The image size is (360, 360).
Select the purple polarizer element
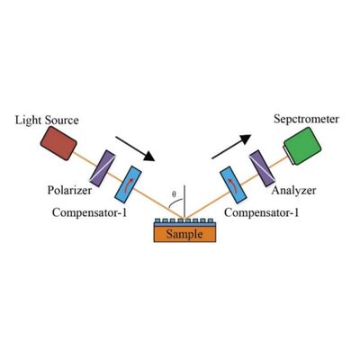click(x=102, y=166)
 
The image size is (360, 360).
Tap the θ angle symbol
click(x=175, y=193)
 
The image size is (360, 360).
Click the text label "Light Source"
click(x=46, y=120)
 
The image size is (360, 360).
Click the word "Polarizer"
click(x=68, y=192)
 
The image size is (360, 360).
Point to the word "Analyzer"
click(x=293, y=192)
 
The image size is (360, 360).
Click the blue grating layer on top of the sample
click(x=184, y=221)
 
